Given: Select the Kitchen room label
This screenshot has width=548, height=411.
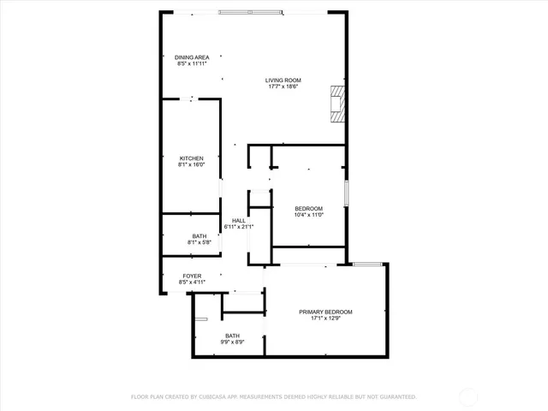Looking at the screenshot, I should [x=191, y=158].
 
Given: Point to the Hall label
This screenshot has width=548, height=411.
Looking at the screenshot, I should [x=239, y=221].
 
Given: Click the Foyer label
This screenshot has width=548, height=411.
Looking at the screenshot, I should [x=190, y=276].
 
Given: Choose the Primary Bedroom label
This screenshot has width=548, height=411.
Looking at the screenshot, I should [x=325, y=312].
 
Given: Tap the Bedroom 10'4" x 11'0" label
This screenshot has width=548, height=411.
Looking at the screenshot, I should [x=308, y=209].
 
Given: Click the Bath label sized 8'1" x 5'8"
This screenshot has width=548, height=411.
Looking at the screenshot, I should [x=199, y=236].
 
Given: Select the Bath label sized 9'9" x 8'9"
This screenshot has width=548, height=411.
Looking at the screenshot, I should [x=233, y=336].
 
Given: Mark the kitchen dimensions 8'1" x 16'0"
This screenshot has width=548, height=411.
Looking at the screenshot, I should [x=191, y=164].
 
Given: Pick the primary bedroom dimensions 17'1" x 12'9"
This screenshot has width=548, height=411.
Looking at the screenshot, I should [x=325, y=319].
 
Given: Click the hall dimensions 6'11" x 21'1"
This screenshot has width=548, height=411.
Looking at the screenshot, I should [x=239, y=227].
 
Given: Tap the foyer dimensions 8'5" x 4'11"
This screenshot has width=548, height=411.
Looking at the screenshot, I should [x=190, y=282].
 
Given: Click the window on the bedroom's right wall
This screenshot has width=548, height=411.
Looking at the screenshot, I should [x=346, y=193].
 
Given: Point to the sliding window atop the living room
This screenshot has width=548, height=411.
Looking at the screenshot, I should [x=249, y=11].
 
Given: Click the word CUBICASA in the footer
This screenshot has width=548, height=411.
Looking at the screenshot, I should [x=210, y=397].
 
